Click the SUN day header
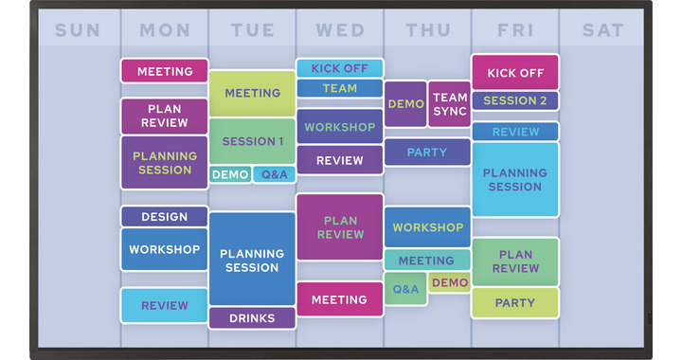click(x=78, y=30)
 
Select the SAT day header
click(x=603, y=30)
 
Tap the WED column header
click(x=340, y=30)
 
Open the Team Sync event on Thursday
click(x=450, y=104)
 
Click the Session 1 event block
click(x=252, y=141)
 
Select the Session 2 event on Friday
click(x=515, y=100)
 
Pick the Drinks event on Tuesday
click(x=252, y=317)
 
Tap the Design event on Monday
click(x=164, y=217)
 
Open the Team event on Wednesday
click(x=339, y=88)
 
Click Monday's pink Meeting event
click(x=164, y=71)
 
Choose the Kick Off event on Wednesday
click(x=339, y=68)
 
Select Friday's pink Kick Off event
click(x=515, y=73)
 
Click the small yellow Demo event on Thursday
click(x=450, y=282)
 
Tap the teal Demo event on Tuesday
click(x=230, y=174)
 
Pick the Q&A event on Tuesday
click(x=275, y=174)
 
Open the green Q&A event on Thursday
click(x=405, y=289)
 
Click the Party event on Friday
click(x=515, y=303)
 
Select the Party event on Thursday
click(x=427, y=152)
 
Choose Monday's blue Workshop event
click(x=164, y=249)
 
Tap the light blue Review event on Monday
click(x=164, y=305)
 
